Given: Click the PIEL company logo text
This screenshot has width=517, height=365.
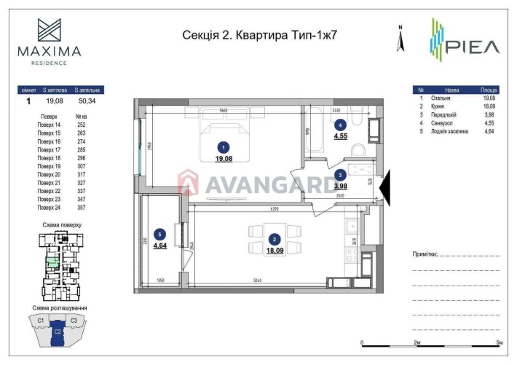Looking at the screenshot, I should [x=474, y=47].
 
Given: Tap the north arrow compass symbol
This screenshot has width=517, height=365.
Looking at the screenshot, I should [x=400, y=39].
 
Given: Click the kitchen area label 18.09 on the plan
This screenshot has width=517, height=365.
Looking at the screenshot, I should [x=275, y=250].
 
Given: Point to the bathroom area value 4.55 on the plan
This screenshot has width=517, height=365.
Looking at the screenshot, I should [x=341, y=136].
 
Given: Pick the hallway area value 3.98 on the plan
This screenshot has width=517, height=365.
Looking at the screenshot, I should [x=341, y=185].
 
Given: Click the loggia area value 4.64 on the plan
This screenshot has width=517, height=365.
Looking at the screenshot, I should [x=160, y=245].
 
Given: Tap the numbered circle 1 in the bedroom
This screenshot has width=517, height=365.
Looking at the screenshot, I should [x=224, y=146].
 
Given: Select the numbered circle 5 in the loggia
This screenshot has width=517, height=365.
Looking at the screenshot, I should [x=160, y=234].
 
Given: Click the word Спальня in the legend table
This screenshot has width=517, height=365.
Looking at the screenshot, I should [x=441, y=97].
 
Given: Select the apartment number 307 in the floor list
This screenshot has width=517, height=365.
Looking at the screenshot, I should [x=82, y=166].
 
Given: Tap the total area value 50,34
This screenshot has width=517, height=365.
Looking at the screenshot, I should [x=87, y=102].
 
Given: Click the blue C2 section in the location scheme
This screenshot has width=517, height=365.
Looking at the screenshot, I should [x=58, y=333].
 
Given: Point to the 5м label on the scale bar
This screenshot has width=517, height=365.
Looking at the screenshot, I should [x=500, y=342].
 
